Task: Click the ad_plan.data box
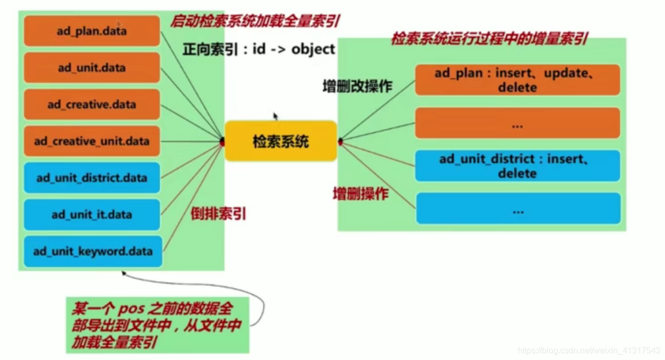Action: point(92,31)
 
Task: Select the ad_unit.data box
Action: point(92,68)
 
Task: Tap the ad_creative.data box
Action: point(92,104)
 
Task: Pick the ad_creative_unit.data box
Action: point(92,141)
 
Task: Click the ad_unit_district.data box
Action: point(92,178)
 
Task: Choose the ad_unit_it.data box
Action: point(92,214)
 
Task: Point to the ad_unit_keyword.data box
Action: point(93,252)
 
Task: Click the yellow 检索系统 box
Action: point(281,141)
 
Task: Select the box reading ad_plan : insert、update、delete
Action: point(517,80)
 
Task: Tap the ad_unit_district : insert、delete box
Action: point(517,166)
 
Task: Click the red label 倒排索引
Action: point(219,214)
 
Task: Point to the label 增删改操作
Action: point(357,86)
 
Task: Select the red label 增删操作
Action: point(361,194)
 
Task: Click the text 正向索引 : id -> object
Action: point(258,49)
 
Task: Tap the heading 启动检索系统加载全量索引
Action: point(255,21)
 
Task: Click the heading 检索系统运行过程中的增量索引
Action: point(489,39)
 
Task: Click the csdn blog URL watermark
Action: point(588,351)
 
